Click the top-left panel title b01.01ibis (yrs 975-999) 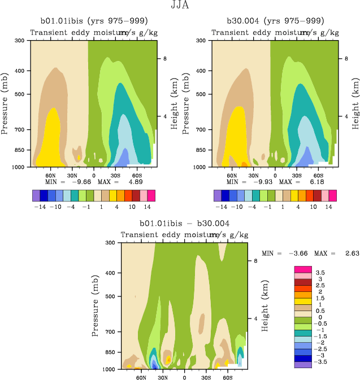(x=93, y=21)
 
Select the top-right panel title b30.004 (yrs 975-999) (x=275, y=21)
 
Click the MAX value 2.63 (x=346, y=254)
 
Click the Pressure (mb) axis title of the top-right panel (x=186, y=104)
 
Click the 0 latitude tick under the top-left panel (x=93, y=175)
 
